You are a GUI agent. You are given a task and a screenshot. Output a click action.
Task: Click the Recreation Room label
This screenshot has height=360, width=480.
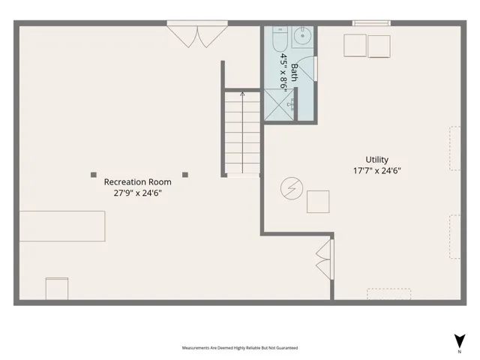(137, 181)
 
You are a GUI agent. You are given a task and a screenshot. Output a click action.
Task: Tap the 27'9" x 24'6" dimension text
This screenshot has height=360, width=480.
(137, 193)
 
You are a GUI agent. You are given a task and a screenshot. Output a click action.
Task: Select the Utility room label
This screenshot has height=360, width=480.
(376, 160)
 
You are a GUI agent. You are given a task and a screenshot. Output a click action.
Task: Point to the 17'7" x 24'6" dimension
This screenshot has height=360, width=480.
(376, 170)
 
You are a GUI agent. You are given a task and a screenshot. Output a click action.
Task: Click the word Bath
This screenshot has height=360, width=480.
(294, 72)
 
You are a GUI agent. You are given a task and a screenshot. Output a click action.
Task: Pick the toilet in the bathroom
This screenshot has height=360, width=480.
(280, 39)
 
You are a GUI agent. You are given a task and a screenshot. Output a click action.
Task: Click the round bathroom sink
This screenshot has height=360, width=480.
(302, 36)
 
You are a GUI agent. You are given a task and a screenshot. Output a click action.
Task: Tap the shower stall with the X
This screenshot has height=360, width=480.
(279, 104)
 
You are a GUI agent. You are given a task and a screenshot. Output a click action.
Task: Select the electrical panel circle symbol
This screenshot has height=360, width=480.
(292, 188)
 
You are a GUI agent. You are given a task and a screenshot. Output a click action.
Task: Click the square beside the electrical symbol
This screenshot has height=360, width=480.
(318, 202)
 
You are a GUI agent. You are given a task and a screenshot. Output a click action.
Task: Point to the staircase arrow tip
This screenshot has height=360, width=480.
(242, 92)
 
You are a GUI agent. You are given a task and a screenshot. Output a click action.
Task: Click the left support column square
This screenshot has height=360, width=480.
(94, 175)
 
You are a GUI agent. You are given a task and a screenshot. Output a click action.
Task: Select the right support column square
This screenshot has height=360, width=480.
(185, 175)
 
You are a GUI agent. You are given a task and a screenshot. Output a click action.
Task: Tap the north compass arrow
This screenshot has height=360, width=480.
(460, 340)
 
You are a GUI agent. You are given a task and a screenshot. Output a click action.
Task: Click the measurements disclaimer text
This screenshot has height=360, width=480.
(240, 348)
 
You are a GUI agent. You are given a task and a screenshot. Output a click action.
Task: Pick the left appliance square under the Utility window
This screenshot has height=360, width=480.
(355, 46)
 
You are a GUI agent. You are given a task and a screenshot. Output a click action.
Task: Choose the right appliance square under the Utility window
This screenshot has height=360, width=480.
(379, 46)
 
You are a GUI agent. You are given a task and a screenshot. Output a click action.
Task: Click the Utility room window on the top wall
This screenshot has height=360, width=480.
(371, 23)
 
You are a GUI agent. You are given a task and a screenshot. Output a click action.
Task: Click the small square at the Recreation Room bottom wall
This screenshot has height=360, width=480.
(57, 289)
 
